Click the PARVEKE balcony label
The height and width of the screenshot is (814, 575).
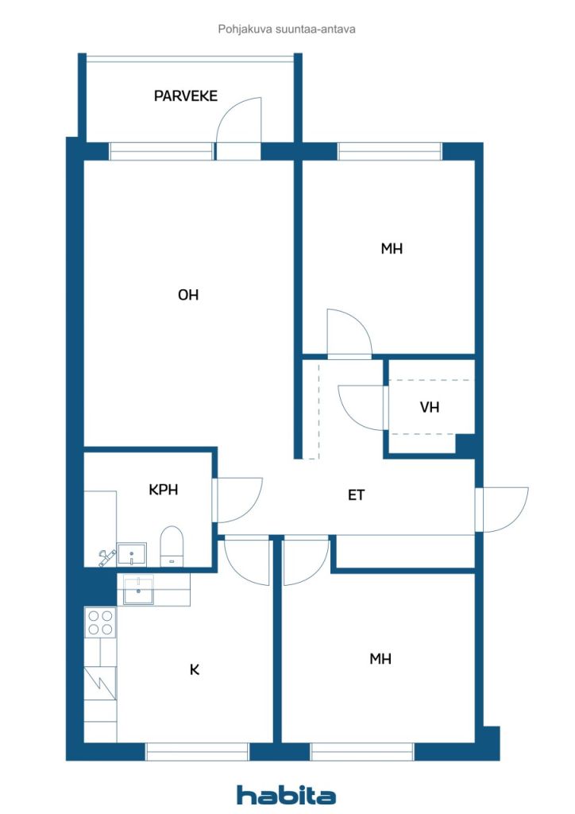click(186, 96)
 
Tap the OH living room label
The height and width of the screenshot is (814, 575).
click(188, 295)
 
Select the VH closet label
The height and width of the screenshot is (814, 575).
click(430, 407)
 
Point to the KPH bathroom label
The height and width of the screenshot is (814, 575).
click(164, 490)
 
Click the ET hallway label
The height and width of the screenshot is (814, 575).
click(357, 495)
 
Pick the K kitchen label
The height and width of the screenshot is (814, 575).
click(195, 669)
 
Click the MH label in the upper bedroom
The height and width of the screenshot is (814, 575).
click(392, 249)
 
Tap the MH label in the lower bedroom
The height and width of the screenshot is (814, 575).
click(380, 659)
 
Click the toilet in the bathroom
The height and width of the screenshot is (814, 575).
click(172, 545)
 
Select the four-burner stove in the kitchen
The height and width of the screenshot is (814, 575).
click(100, 622)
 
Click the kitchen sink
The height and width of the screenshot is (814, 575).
click(138, 590)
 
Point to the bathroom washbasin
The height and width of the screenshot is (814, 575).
click(132, 554)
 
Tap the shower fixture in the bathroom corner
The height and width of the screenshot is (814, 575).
click(106, 557)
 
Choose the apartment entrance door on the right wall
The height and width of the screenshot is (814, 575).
click(501, 510)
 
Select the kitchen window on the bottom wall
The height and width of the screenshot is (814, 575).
click(197, 752)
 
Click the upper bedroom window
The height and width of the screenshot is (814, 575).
click(390, 152)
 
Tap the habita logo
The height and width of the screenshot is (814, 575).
click(286, 795)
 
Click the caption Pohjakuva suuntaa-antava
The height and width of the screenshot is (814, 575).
click(287, 29)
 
